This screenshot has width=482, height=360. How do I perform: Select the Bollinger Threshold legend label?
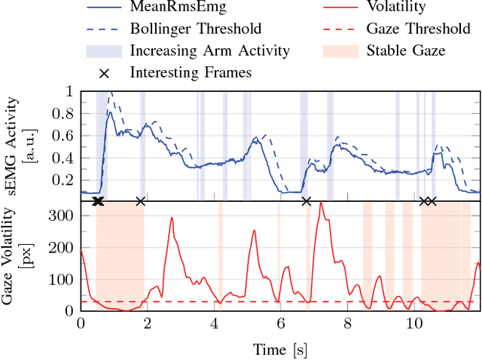(196, 29)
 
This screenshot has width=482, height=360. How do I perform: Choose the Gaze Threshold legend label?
(413, 29)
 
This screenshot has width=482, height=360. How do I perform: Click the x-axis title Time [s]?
(279, 349)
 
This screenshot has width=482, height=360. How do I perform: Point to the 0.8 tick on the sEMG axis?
(66, 114)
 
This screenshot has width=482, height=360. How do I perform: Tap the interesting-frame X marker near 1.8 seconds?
(140, 201)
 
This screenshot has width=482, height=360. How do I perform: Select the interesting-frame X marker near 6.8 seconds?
(307, 201)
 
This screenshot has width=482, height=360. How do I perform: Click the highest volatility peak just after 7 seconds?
(321, 203)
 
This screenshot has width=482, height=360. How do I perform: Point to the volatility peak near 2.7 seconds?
(171, 218)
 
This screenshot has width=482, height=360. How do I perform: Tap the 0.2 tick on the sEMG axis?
(66, 180)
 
